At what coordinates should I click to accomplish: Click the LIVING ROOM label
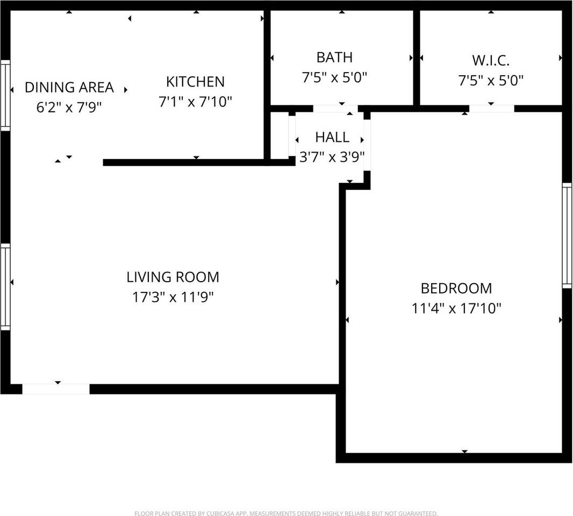(x=173, y=277)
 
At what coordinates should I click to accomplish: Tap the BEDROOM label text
(x=456, y=289)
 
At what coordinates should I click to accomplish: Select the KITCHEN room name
(x=195, y=82)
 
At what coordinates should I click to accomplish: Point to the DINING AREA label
(x=69, y=87)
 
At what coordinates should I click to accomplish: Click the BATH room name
(x=334, y=58)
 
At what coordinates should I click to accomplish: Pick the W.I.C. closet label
(x=490, y=60)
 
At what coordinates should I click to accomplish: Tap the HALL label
(x=332, y=137)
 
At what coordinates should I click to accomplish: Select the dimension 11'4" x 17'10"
(x=456, y=309)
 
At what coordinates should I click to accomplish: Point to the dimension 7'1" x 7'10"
(x=195, y=102)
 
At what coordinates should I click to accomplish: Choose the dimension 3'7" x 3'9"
(x=332, y=157)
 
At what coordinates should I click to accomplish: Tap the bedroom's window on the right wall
(x=567, y=235)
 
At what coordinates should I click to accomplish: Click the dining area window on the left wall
(x=5, y=96)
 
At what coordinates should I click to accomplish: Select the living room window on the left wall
(x=5, y=286)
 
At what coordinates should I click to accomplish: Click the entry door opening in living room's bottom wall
(x=56, y=389)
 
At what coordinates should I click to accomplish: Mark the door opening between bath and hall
(x=335, y=109)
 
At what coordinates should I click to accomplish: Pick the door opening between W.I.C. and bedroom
(x=491, y=109)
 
